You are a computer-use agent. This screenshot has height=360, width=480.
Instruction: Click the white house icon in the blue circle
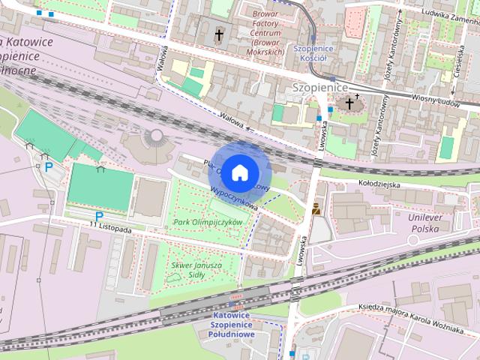pyautogui.click(x=238, y=172)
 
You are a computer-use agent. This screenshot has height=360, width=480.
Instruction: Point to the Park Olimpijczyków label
pyautogui.click(x=208, y=223)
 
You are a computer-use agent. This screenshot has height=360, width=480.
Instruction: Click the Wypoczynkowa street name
pyautogui.click(x=235, y=197)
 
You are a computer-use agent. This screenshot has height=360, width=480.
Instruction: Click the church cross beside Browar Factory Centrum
pyautogui.click(x=220, y=34)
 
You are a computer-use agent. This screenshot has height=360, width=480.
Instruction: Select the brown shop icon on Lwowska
pyautogui.click(x=316, y=209)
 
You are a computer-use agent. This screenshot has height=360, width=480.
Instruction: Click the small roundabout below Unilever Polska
pyautogui.click(x=412, y=240)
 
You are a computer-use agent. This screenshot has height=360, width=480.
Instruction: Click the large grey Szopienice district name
pyautogui.click(x=319, y=88)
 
